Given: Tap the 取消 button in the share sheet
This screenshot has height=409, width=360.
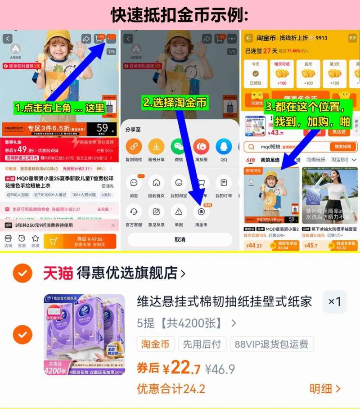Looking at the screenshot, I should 180,239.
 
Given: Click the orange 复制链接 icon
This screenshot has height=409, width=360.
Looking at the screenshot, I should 134,146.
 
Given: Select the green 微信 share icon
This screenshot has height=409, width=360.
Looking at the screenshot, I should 179,146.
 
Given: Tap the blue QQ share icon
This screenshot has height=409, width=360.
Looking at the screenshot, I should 224,146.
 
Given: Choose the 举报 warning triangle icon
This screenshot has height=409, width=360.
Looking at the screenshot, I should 179,211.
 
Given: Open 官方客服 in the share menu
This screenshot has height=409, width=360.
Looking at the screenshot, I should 134,211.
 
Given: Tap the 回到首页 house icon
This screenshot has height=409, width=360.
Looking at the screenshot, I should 156,183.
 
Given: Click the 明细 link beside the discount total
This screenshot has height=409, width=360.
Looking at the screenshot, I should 325,389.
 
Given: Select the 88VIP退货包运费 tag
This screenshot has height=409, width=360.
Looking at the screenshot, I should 272,344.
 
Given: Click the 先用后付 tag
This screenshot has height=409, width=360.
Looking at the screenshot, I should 202,344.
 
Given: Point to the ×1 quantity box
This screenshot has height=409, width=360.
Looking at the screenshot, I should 334,301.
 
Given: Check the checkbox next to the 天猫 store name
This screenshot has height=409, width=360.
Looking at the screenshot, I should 22,273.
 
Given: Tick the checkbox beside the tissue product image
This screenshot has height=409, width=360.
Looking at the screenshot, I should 22,334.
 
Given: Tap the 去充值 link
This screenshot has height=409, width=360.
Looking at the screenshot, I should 104,209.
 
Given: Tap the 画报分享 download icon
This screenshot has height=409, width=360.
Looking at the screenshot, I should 156,146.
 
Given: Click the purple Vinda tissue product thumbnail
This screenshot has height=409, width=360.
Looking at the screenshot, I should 85,334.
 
